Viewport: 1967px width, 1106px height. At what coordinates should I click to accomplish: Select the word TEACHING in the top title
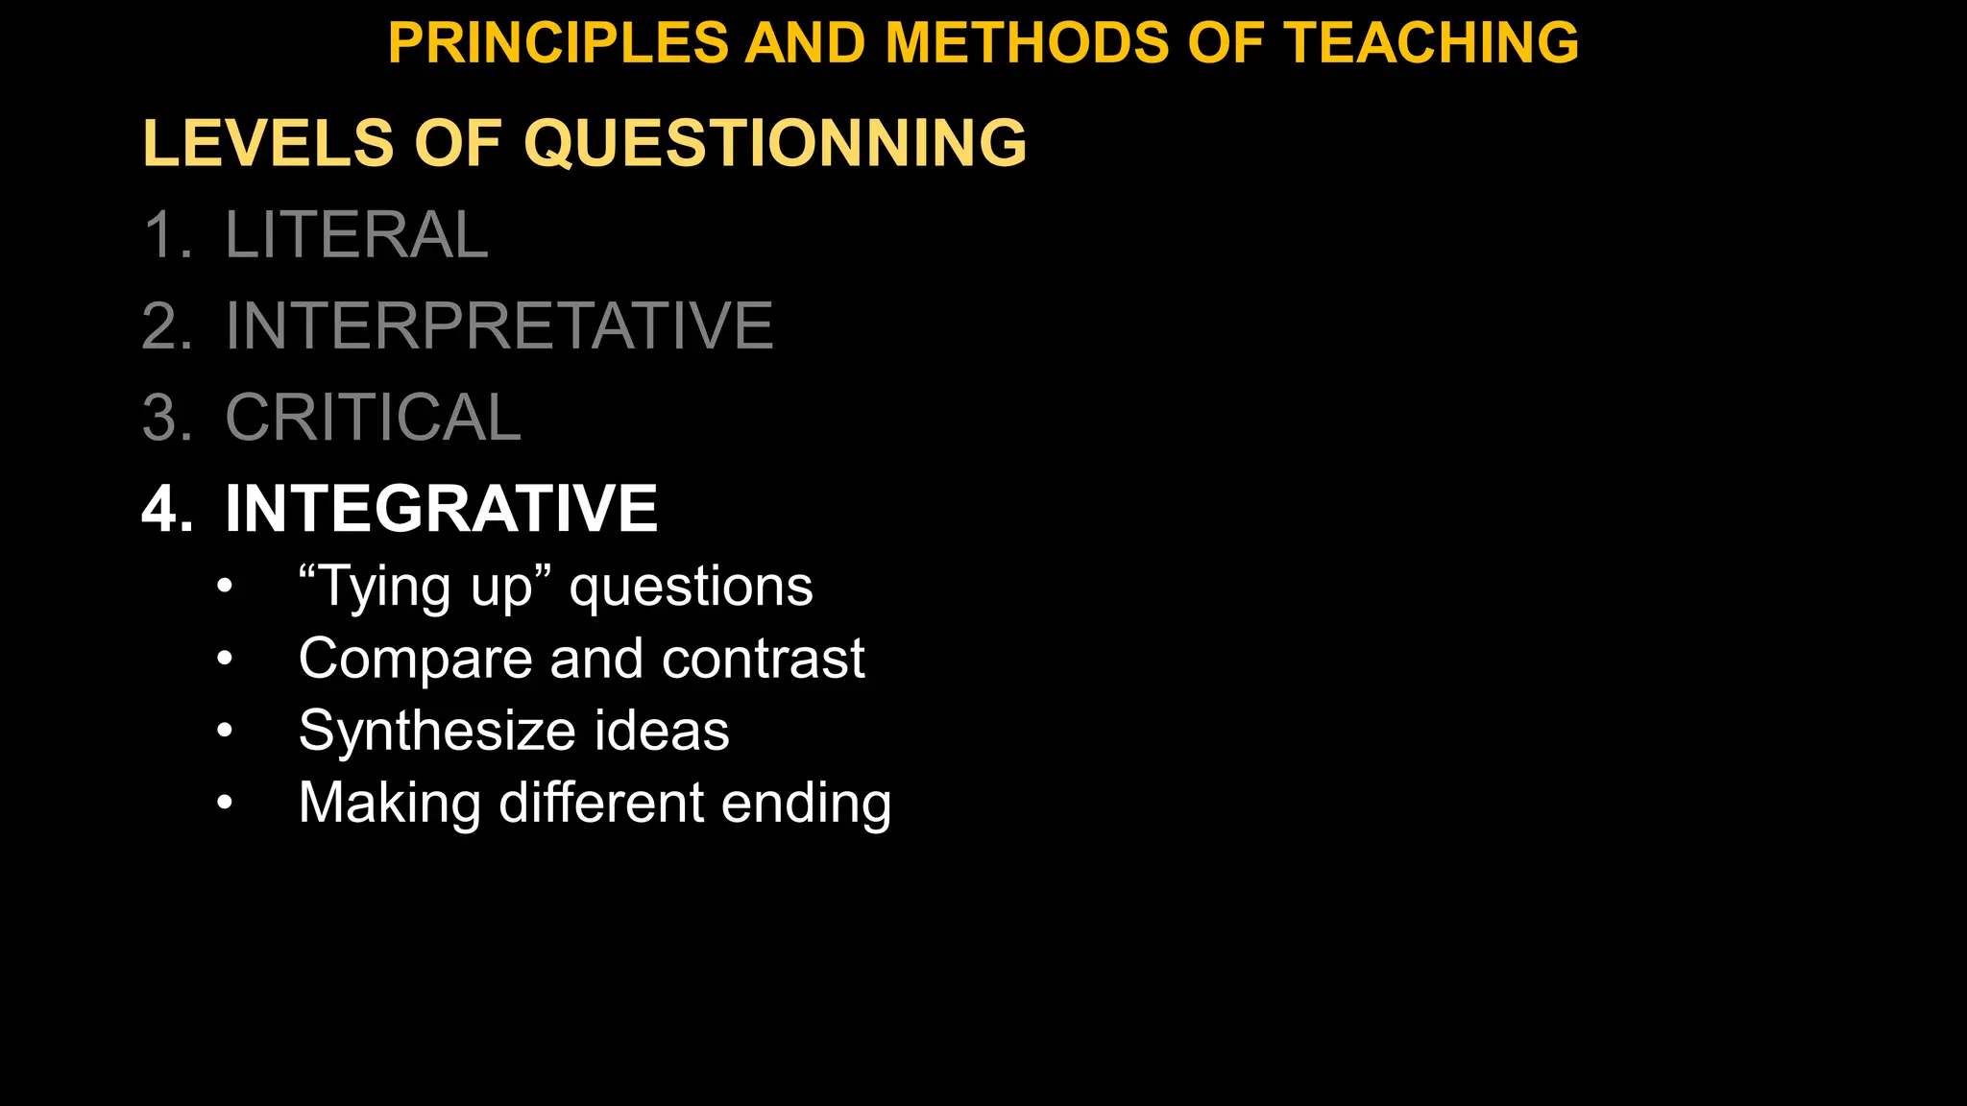[x=1431, y=43]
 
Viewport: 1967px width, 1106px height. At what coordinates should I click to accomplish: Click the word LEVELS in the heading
[x=268, y=143]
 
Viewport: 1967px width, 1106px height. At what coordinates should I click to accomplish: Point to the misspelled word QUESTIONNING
[x=775, y=143]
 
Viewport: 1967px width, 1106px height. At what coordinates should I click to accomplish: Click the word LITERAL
[x=356, y=234]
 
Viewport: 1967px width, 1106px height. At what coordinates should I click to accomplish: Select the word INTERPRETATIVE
[x=498, y=325]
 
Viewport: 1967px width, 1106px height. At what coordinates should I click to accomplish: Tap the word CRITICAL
[x=373, y=418]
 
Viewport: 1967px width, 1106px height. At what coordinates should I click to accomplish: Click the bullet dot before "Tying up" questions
[x=225, y=586]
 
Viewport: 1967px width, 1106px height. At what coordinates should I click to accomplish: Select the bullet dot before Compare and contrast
[x=225, y=659]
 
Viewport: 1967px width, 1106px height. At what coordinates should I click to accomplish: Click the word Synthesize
[x=438, y=731]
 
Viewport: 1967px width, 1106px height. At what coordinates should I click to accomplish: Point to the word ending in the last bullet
[x=806, y=804]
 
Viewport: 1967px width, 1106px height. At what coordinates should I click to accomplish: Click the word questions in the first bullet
[x=691, y=587]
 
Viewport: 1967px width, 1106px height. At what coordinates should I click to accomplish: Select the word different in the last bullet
[x=601, y=803]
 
